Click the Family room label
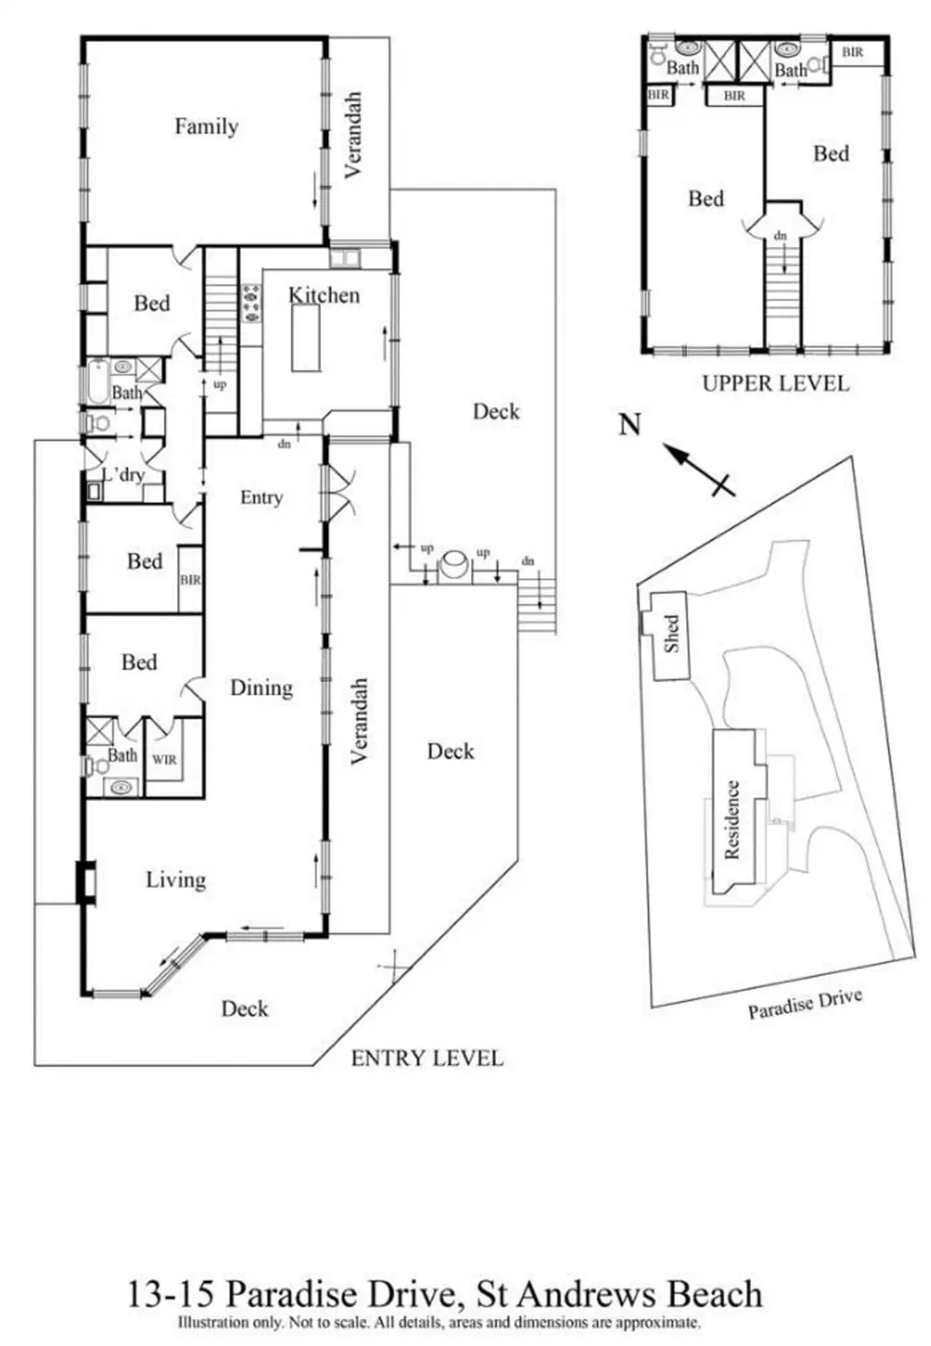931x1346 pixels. [206, 127]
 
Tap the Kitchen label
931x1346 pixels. [324, 295]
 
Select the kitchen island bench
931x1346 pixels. [305, 337]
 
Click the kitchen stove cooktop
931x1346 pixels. [251, 304]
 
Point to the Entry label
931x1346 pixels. [261, 497]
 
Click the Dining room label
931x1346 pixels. [262, 688]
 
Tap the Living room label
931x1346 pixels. [176, 880]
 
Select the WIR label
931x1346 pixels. [164, 760]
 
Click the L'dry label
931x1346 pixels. [123, 475]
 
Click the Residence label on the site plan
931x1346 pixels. [733, 819]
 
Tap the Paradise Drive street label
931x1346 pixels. [805, 1004]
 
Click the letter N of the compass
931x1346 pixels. [630, 425]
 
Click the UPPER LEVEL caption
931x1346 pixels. [775, 384]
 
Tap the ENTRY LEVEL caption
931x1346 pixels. [426, 1058]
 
